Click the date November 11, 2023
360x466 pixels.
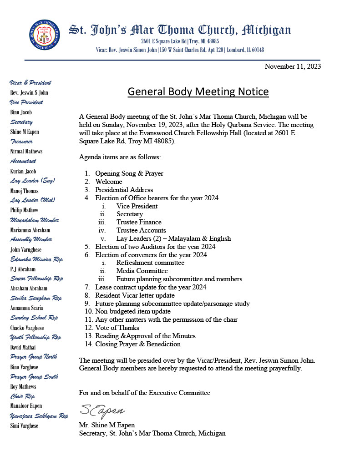[293, 66]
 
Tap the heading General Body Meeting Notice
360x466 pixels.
[198, 92]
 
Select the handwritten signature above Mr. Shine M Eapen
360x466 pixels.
[102, 410]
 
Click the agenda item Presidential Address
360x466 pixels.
[124, 190]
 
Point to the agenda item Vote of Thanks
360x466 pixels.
[117, 328]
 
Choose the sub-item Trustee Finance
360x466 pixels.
[139, 222]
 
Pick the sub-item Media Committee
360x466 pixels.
[142, 271]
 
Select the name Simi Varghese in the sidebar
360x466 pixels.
[24, 426]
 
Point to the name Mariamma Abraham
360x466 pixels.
[30, 230]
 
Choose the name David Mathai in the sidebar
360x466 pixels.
[24, 347]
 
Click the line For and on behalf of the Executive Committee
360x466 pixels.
[145, 392]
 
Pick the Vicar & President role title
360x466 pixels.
[30, 83]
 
